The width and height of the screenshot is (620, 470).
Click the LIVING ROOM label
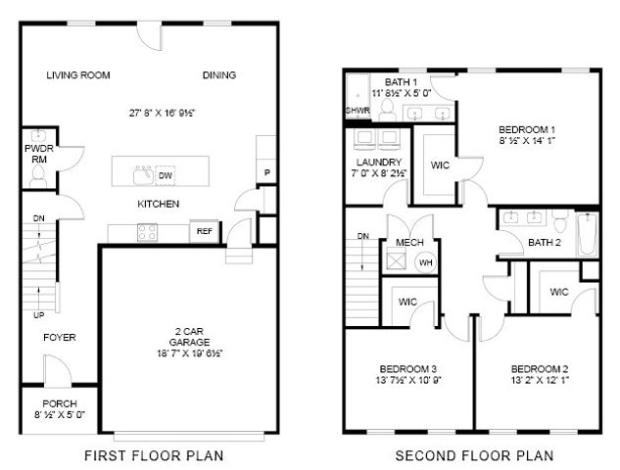coord(78,75)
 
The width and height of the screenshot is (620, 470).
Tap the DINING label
coord(218,75)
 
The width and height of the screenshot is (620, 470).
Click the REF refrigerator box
coord(205,232)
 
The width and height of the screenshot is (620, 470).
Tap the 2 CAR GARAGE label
coord(182,336)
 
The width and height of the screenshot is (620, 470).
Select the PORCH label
coord(59,404)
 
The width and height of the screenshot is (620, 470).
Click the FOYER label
coord(59,338)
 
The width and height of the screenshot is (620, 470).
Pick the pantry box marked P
coord(265,172)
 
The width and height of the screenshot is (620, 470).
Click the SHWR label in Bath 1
coord(358,112)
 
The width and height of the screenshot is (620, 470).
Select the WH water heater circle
coord(427,261)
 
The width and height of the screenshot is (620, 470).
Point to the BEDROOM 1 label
coord(527,129)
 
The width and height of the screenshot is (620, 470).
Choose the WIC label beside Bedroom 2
coord(559,292)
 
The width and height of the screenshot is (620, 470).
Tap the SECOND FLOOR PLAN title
coord(474,455)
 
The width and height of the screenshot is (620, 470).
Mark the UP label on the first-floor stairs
coord(38,316)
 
